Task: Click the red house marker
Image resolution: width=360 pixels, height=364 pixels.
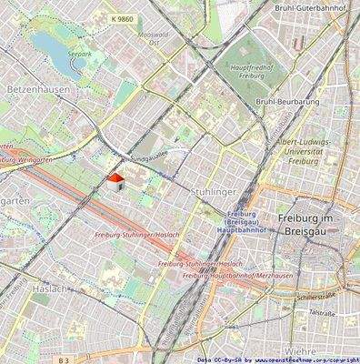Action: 115,182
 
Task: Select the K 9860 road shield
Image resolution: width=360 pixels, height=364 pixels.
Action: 120,17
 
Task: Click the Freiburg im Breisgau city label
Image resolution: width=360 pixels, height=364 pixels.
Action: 318,227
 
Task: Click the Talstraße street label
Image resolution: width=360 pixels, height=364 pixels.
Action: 324,313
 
